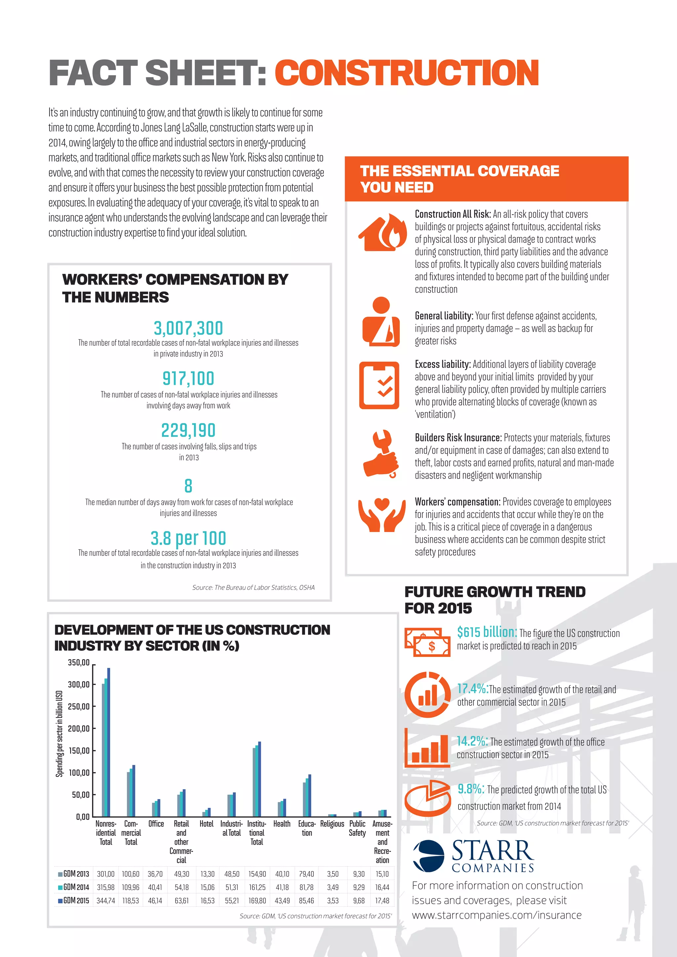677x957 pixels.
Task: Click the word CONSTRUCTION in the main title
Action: point(407,73)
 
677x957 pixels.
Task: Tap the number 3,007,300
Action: point(188,328)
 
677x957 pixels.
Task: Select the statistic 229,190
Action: point(188,431)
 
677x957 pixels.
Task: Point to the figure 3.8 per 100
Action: point(188,538)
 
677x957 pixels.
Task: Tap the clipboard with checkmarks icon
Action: point(379,385)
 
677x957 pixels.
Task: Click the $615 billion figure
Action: point(487,632)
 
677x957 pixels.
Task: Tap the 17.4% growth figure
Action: point(472,688)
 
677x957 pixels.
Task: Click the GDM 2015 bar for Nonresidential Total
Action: point(109,742)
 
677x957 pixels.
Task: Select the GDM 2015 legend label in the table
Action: point(74,900)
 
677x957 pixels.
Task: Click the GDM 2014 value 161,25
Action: point(257,887)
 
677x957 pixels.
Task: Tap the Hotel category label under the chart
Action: point(206,823)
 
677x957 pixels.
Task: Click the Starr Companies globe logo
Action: point(428,855)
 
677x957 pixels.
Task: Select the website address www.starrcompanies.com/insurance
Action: point(497,915)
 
